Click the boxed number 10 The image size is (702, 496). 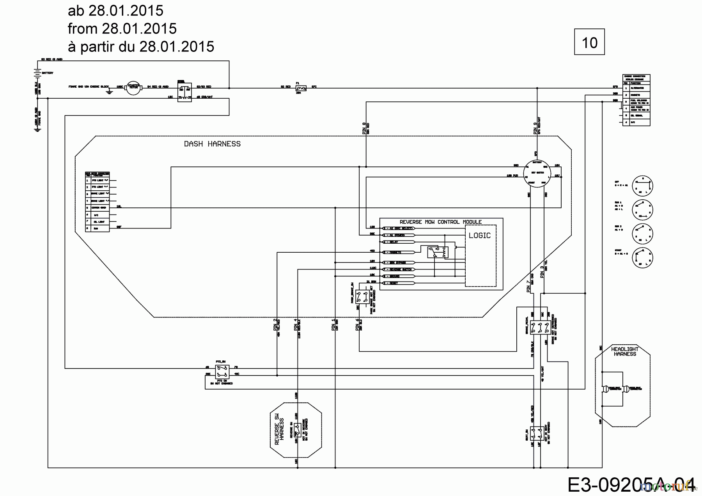click(589, 42)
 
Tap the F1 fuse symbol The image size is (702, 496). click(301, 88)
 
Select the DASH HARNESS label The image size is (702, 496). click(212, 144)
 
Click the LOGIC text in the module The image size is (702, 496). click(479, 236)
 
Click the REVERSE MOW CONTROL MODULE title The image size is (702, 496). click(440, 222)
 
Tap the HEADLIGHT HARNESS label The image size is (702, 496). click(625, 351)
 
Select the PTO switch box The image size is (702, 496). click(222, 371)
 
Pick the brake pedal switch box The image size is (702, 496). click(540, 328)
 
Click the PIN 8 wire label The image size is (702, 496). click(364, 129)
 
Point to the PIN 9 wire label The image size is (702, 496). click(535, 129)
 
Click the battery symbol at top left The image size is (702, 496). click(37, 73)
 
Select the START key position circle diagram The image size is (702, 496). click(642, 257)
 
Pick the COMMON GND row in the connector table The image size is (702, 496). click(97, 207)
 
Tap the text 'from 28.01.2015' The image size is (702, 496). click(122, 28)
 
